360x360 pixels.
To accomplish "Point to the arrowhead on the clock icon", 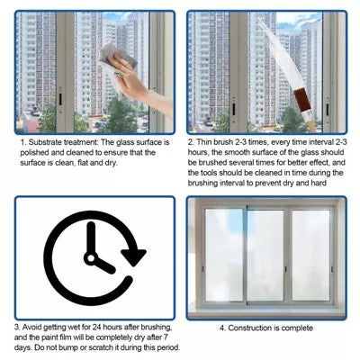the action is pos(133,256).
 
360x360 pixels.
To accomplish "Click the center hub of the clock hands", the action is pos(91,258).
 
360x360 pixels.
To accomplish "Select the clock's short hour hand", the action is pos(103,265).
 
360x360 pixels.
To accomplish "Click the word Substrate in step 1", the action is pos(45,142).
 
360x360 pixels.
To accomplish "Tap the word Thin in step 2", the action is pos(203,142).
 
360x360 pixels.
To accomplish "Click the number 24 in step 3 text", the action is pos(97,327).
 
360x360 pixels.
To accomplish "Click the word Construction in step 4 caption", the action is pos(250,328).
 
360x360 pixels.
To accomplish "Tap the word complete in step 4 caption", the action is pos(297,328).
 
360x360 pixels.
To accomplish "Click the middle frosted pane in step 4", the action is pos(265,256).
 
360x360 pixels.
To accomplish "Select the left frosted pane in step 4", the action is pos(224,256).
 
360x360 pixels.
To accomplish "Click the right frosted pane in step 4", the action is pos(310,256).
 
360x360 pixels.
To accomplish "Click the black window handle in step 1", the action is pos(60,99).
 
